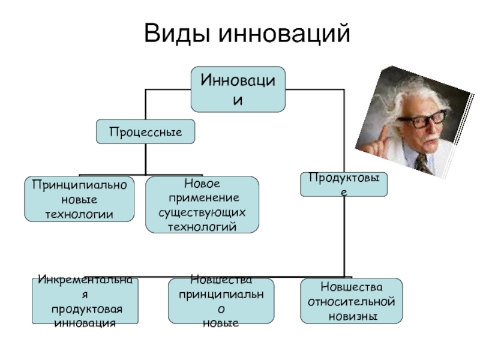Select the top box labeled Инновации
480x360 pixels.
[238, 89]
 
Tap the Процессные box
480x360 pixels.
[146, 131]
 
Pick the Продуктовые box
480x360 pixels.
[344, 184]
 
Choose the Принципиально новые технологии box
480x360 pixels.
[79, 199]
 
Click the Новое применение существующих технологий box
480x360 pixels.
[202, 205]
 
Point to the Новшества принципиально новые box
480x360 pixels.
[221, 301]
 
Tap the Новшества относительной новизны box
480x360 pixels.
[351, 301]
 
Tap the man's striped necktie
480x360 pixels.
[424, 163]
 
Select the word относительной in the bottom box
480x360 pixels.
[351, 301]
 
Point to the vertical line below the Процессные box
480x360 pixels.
[146, 159]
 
